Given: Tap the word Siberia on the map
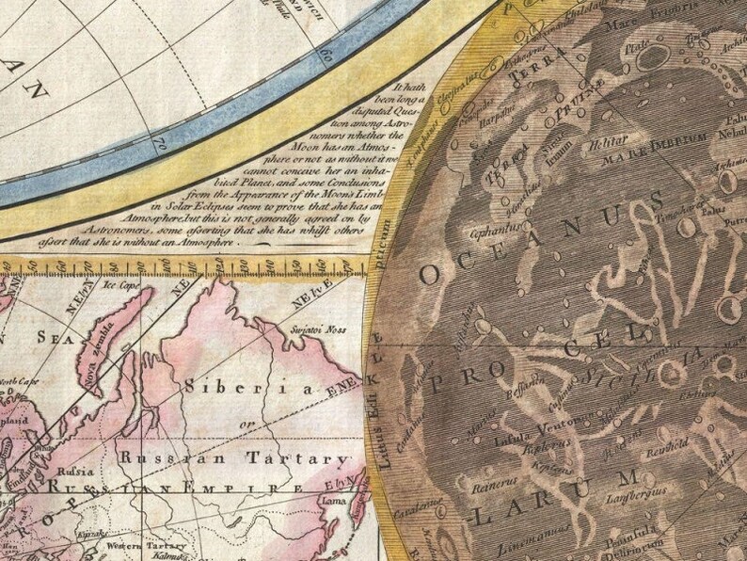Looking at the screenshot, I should [x=243, y=387].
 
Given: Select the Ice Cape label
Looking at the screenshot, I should [x=121, y=281].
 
